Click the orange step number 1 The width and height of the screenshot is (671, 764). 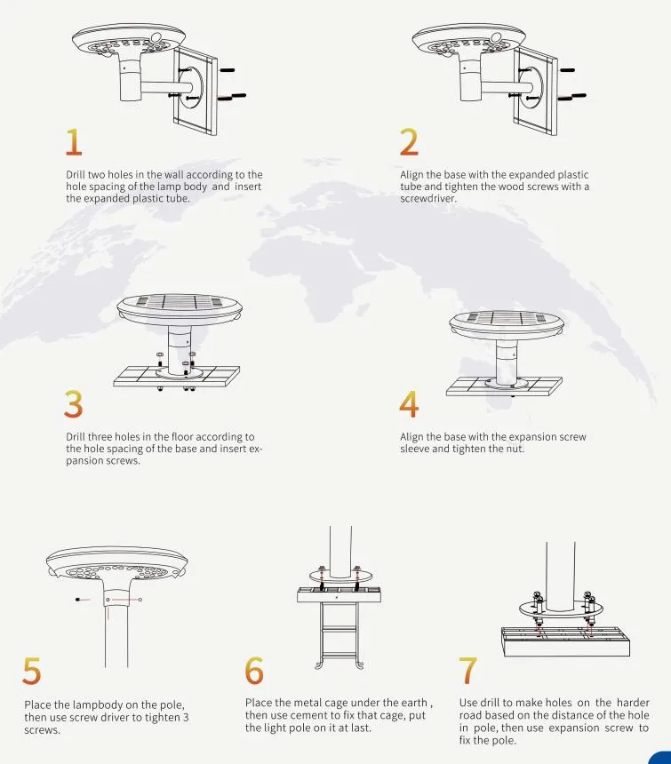pyautogui.click(x=74, y=142)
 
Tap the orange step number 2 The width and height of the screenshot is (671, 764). pyautogui.click(x=409, y=142)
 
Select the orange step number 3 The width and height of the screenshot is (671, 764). pyautogui.click(x=74, y=404)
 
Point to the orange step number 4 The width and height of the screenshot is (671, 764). pyautogui.click(x=409, y=404)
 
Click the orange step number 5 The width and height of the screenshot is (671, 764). pyautogui.click(x=32, y=672)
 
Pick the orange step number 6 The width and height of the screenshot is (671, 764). pyautogui.click(x=254, y=672)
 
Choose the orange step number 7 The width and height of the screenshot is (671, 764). pyautogui.click(x=469, y=672)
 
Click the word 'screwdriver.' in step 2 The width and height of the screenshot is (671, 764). pyautogui.click(x=428, y=198)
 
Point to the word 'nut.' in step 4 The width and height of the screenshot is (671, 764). pyautogui.click(x=515, y=449)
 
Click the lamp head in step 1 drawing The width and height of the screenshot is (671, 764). pyautogui.click(x=129, y=41)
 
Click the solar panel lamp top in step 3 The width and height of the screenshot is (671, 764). pyautogui.click(x=180, y=307)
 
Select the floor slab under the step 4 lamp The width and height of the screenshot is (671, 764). pyautogui.click(x=505, y=386)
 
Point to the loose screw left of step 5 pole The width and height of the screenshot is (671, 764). pyautogui.click(x=79, y=600)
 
